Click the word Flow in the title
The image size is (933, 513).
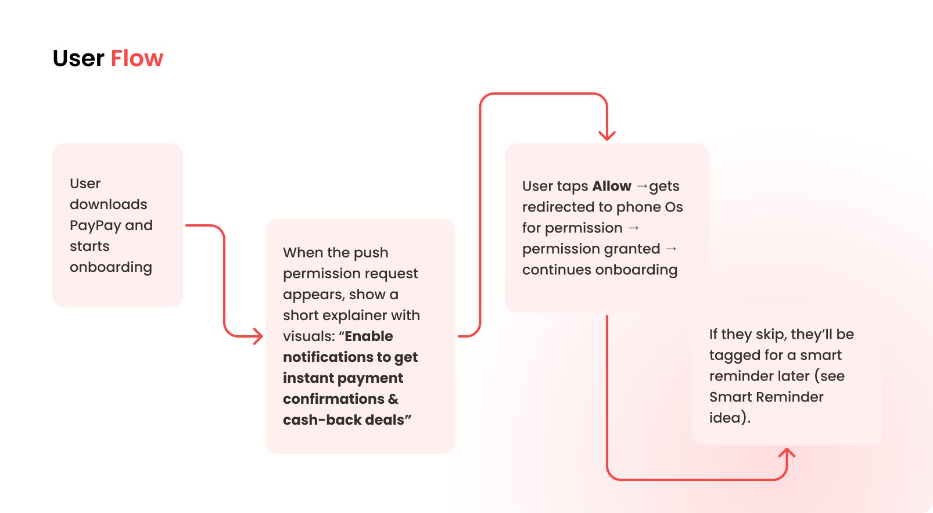[137, 59]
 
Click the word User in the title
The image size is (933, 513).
[78, 59]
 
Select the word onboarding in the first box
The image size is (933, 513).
[111, 267]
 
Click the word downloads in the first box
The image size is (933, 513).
[109, 205]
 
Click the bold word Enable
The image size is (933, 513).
[369, 336]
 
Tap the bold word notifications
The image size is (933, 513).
[329, 357]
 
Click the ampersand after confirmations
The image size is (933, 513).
[393, 399]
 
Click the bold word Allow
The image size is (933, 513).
[612, 186]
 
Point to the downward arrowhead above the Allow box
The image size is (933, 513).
[607, 136]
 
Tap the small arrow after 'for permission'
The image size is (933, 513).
[634, 228]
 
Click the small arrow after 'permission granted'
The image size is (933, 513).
[671, 249]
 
